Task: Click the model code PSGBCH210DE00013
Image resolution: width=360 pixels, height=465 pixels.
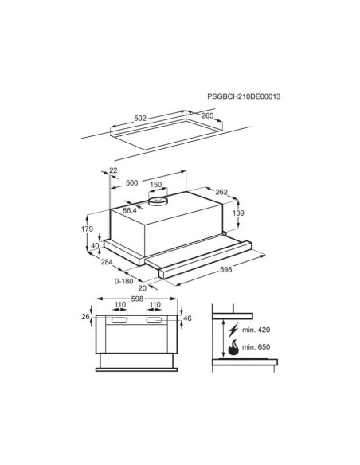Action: pos(267,96)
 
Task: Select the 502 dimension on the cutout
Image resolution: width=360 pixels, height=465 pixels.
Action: pos(140,118)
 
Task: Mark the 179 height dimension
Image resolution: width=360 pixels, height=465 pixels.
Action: pos(88,229)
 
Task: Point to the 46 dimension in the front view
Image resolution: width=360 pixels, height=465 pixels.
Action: pos(187,318)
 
